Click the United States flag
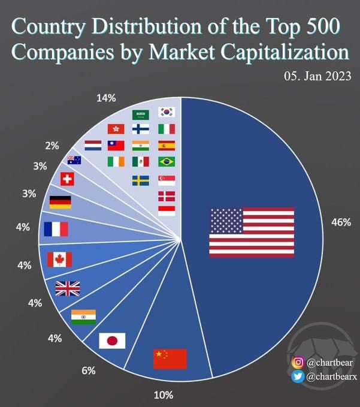click(252, 232)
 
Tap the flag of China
click(170, 358)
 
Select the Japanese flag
click(111, 341)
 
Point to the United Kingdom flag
click(67, 288)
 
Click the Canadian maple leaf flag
click(59, 260)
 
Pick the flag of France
click(56, 229)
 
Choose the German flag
click(59, 202)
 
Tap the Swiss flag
click(68, 179)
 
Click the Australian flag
click(74, 160)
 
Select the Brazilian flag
click(166, 161)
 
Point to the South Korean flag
click(166, 112)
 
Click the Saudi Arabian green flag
click(140, 114)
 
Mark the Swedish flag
click(141, 180)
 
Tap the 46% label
click(340, 222)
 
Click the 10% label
click(164, 394)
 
